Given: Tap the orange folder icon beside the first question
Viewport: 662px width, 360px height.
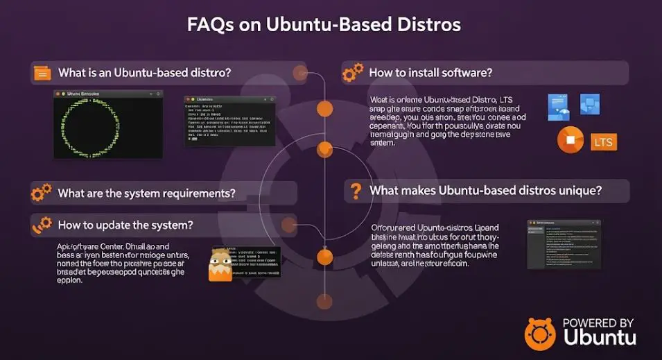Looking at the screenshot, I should click(x=42, y=72).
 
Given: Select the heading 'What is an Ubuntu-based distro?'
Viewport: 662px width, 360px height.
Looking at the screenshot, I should click(x=144, y=72).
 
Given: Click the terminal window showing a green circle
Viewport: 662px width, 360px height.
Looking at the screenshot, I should click(x=108, y=123).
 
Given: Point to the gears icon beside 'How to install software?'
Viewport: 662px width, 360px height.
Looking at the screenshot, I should click(x=354, y=72).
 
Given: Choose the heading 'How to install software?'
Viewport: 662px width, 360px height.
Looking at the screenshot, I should click(x=430, y=72).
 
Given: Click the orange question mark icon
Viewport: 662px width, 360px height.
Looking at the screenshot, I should click(x=356, y=191).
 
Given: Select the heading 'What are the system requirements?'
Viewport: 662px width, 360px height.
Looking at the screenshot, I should click(x=146, y=192).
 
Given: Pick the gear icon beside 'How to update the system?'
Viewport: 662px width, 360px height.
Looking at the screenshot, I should click(x=42, y=225).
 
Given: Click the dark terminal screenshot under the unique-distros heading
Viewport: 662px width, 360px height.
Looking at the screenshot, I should click(x=563, y=244).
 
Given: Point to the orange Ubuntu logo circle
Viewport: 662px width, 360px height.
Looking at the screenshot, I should click(x=541, y=334).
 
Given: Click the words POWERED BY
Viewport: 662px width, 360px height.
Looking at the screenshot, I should click(x=598, y=323).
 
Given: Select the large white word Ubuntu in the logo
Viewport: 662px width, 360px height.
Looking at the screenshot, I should click(x=600, y=339).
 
